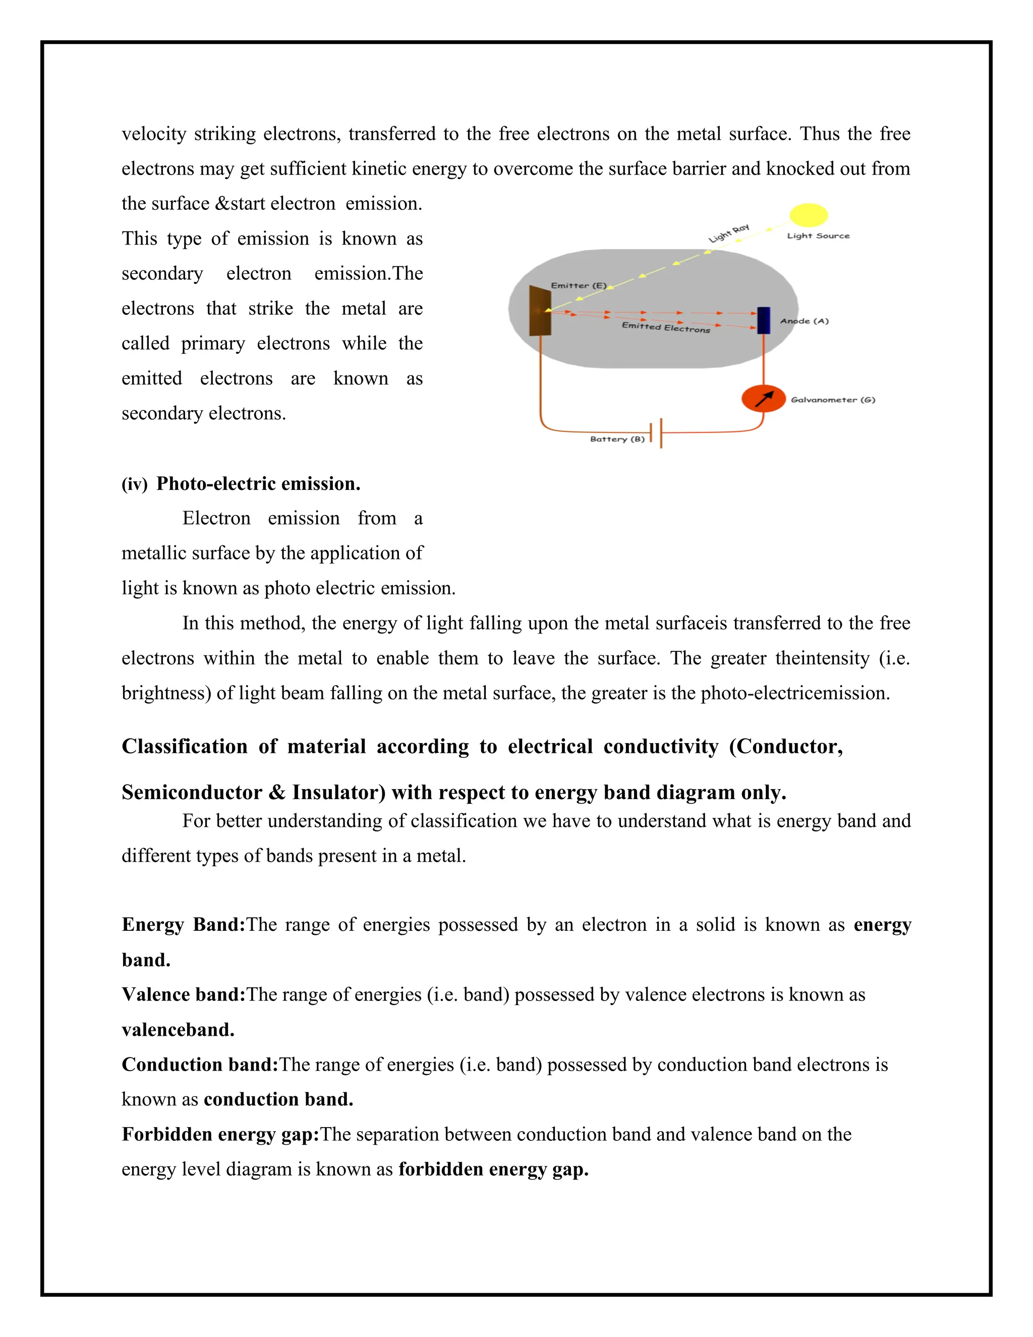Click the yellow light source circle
click(x=808, y=215)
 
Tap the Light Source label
click(x=818, y=236)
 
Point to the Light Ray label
click(x=729, y=233)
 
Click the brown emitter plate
click(x=540, y=310)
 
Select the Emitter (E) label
click(x=579, y=285)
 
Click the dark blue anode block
click(x=763, y=320)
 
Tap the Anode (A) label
click(x=804, y=321)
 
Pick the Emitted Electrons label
click(x=666, y=327)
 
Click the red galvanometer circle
click(x=763, y=399)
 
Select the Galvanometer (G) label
click(x=833, y=400)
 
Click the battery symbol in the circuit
click(x=657, y=433)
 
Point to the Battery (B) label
click(x=617, y=439)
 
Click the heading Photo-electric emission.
click(x=258, y=484)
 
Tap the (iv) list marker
click(x=135, y=484)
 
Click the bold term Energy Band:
click(x=183, y=924)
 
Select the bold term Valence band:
click(x=183, y=994)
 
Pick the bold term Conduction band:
click(x=200, y=1064)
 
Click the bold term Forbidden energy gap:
click(x=220, y=1134)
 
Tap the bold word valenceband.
click(x=178, y=1030)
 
